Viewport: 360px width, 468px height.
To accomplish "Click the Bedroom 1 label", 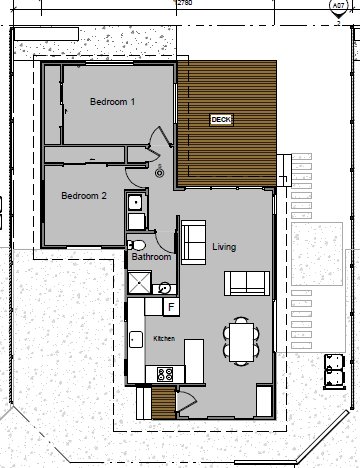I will click(x=112, y=102).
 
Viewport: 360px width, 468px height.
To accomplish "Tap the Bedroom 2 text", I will click(x=83, y=196).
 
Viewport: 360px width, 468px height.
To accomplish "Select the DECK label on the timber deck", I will click(x=221, y=119).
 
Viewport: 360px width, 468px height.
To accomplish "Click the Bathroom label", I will click(x=151, y=258).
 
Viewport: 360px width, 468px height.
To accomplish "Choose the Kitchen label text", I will click(x=164, y=339).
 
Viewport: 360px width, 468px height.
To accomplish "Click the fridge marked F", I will click(x=170, y=306).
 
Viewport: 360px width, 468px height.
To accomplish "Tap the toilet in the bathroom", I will click(x=138, y=244).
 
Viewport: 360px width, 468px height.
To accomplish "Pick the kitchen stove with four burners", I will click(x=165, y=374).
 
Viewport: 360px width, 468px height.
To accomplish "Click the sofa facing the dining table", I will click(x=247, y=283).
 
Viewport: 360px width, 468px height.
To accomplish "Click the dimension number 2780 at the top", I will click(x=184, y=4).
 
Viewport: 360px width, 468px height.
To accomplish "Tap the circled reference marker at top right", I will click(x=340, y=5).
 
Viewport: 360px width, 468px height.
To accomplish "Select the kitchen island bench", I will click(x=194, y=354).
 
